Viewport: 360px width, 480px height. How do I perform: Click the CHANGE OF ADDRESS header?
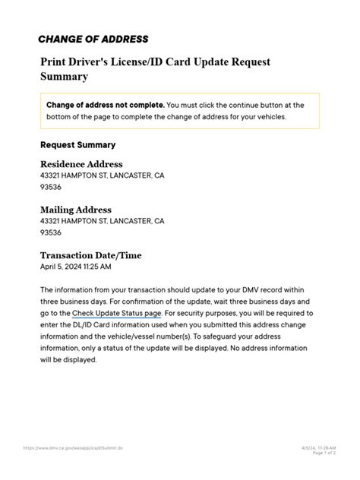(93, 39)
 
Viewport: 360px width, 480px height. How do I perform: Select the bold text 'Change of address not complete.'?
(105, 105)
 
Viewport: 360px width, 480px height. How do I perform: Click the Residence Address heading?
(81, 164)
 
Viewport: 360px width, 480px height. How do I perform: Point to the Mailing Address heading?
(76, 210)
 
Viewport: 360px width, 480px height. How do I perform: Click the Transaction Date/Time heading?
(90, 255)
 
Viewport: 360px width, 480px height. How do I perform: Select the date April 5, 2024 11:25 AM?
(75, 267)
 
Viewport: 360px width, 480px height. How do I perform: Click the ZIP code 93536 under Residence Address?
(51, 187)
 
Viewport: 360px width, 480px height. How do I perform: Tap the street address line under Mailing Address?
(102, 221)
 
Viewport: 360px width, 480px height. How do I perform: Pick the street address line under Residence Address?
(102, 175)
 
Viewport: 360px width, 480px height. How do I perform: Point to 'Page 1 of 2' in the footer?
(308, 453)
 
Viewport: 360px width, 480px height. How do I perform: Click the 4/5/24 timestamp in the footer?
(308, 447)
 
